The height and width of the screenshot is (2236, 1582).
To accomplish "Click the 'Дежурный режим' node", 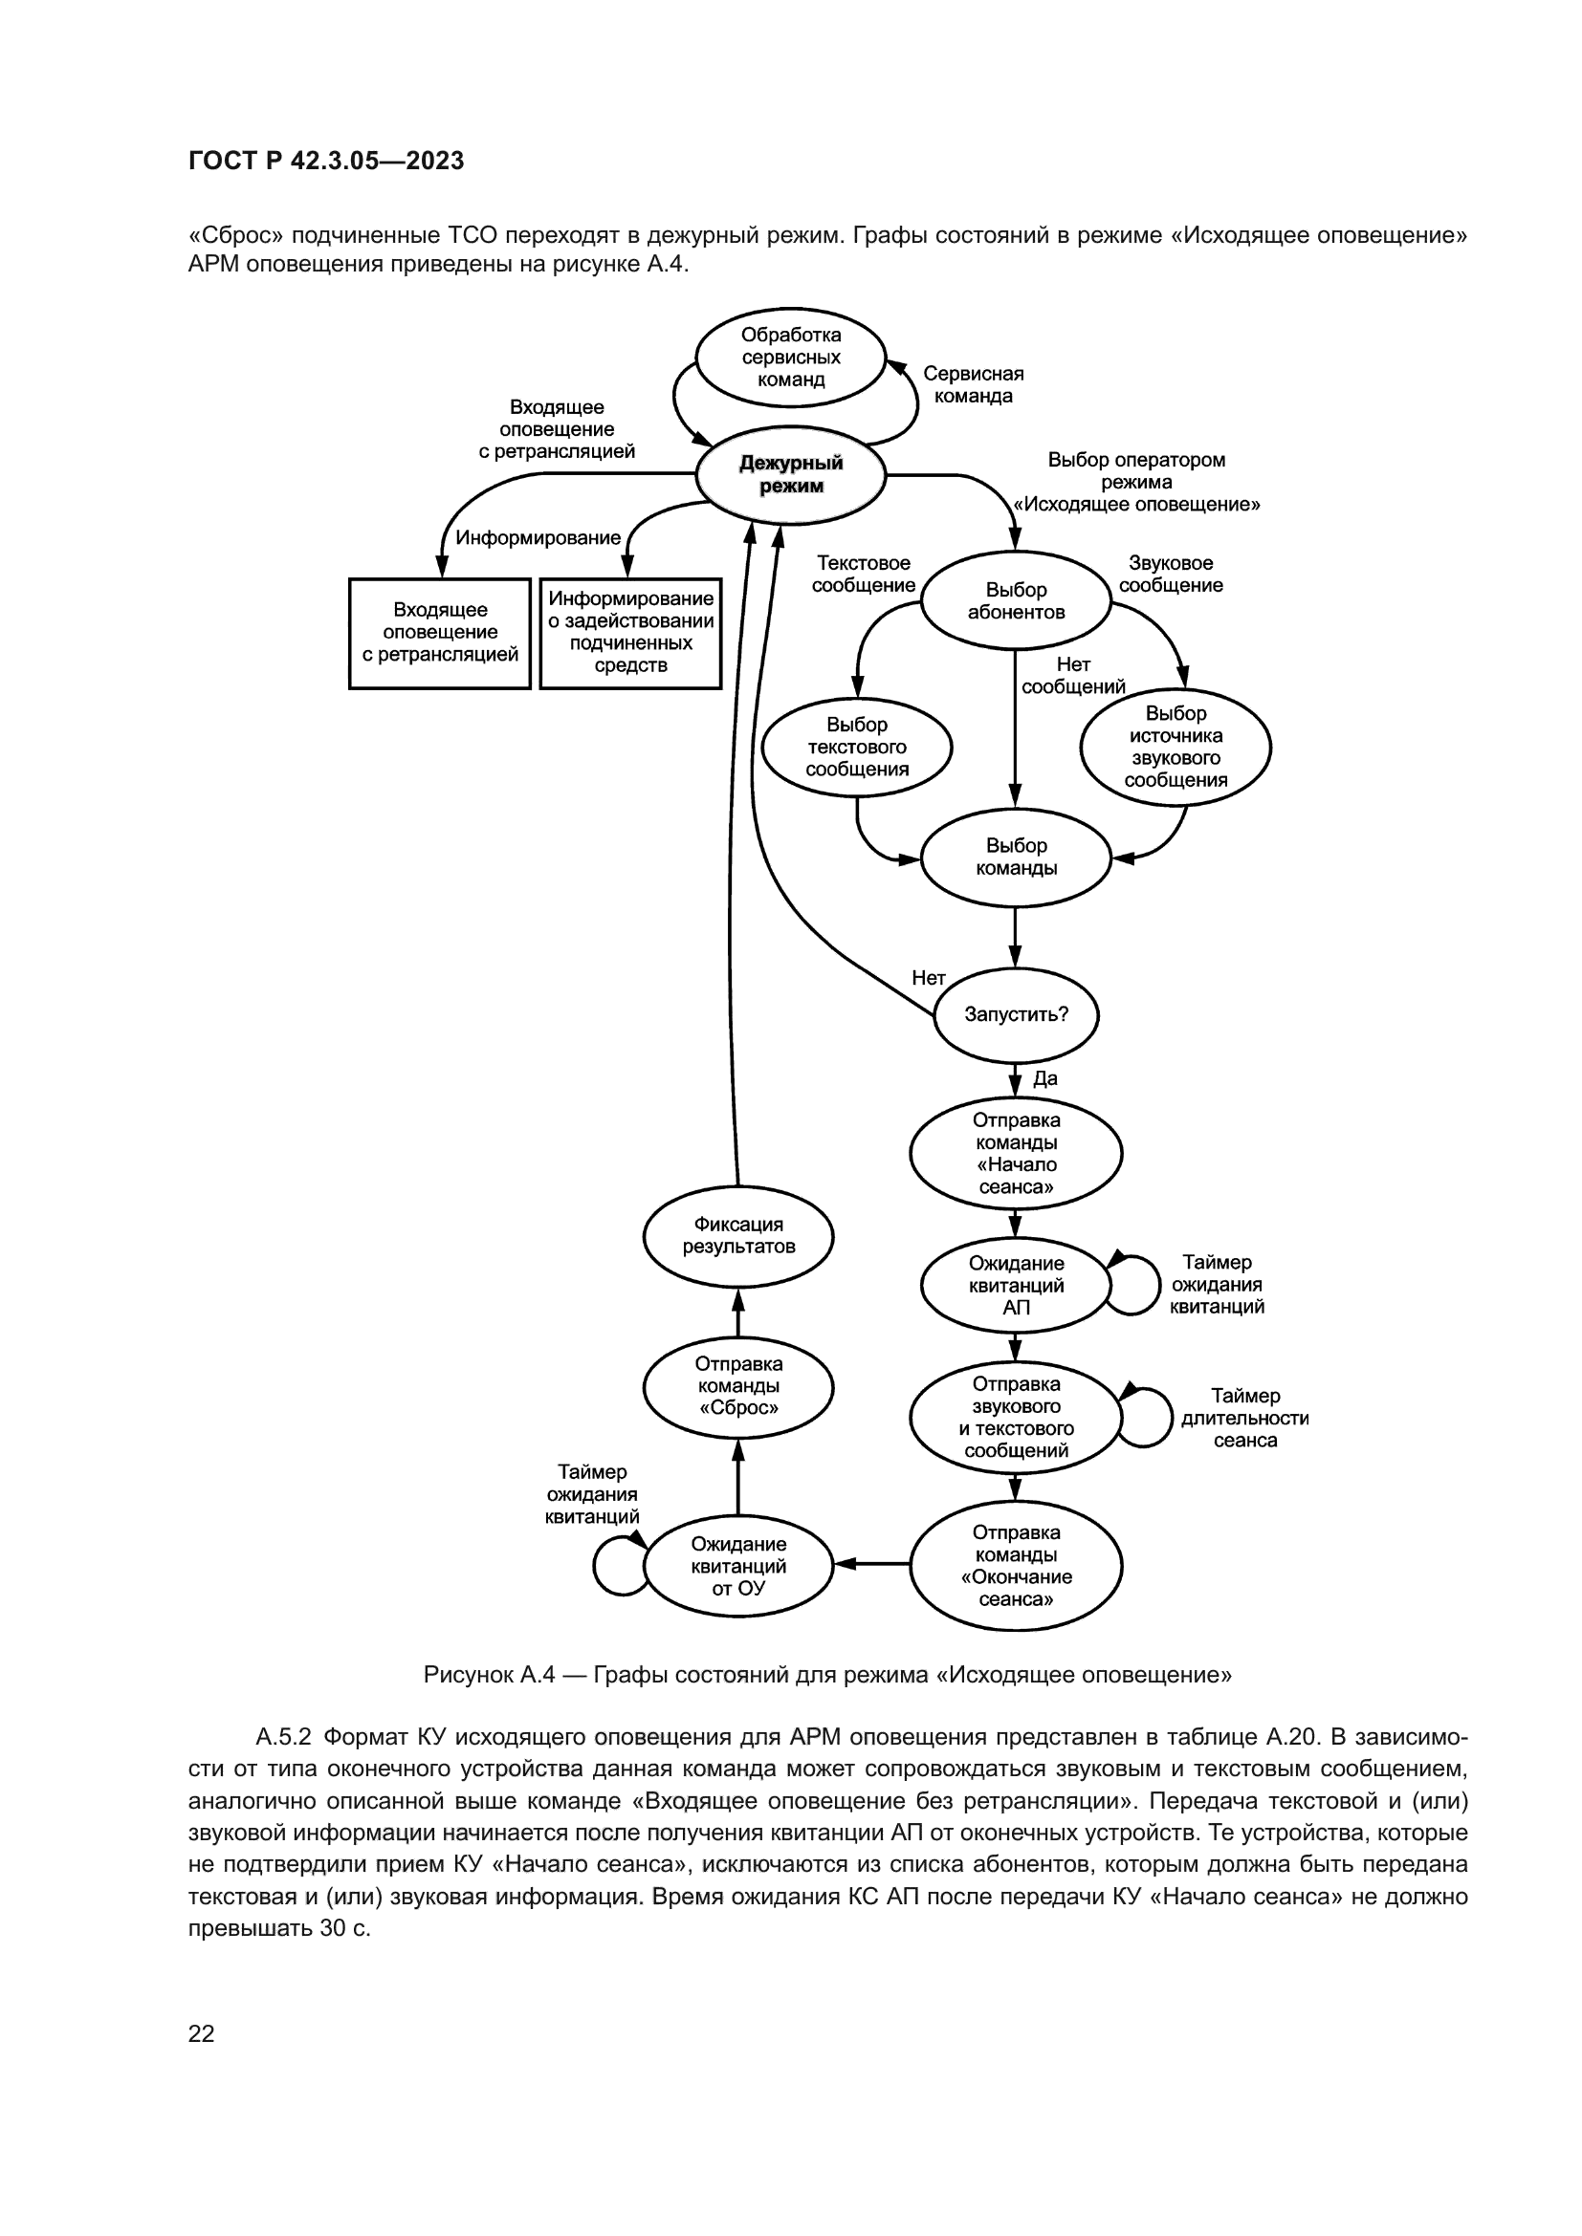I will point(790,475).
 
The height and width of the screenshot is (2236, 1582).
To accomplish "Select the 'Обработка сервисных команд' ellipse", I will point(790,358).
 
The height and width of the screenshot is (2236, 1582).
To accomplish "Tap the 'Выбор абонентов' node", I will point(1015,601).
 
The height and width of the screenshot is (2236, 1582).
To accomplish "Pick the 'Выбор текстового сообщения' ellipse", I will point(856,747).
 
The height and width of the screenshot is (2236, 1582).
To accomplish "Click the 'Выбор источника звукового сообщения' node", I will point(1175,747).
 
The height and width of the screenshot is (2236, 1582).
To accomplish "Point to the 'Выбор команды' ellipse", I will point(1015,857).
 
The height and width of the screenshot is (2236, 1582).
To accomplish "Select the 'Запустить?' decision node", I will point(1015,1013).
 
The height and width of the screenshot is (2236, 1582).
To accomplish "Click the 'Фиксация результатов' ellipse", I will point(737,1236).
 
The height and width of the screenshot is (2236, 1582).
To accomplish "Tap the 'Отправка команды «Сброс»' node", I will point(737,1386).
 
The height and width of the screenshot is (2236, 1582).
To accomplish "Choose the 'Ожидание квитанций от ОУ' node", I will point(737,1566).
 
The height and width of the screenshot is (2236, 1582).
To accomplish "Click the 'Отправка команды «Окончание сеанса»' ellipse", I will point(1015,1566).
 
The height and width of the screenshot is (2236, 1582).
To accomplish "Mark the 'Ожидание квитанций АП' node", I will point(1015,1285).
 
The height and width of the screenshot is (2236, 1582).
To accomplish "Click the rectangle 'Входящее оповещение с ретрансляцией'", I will point(439,633).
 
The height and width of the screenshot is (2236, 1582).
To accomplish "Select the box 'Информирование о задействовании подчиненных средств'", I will point(630,633).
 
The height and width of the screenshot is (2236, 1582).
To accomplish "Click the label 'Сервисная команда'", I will point(972,384).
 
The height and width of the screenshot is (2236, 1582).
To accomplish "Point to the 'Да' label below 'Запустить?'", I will point(1044,1078).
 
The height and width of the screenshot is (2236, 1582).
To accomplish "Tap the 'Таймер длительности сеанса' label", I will point(1244,1418).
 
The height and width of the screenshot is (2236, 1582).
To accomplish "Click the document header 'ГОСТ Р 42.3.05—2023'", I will point(326,161).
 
